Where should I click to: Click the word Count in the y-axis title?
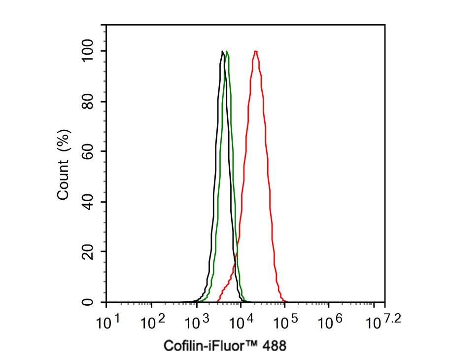63,182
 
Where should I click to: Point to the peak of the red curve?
256,51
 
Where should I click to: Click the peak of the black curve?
223,51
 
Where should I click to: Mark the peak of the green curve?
227,51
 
